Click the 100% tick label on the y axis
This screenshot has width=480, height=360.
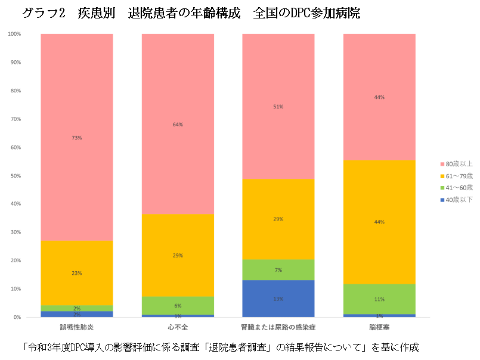[14, 34]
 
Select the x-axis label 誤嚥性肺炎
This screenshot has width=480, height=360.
[77, 327]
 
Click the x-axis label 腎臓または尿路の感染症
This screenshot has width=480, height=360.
[278, 327]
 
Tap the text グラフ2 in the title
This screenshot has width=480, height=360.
[43, 13]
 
